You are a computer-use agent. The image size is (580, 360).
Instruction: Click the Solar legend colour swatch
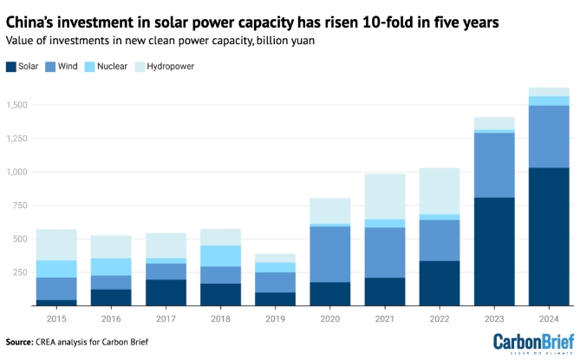(10, 65)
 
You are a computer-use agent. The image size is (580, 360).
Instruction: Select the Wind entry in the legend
(68, 65)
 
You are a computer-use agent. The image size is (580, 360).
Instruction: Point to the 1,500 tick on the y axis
(16, 105)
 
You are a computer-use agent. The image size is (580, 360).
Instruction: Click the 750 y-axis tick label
(21, 206)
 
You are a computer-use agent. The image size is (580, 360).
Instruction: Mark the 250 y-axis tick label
(21, 272)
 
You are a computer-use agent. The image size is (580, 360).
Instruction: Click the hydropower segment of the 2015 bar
(55, 245)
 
